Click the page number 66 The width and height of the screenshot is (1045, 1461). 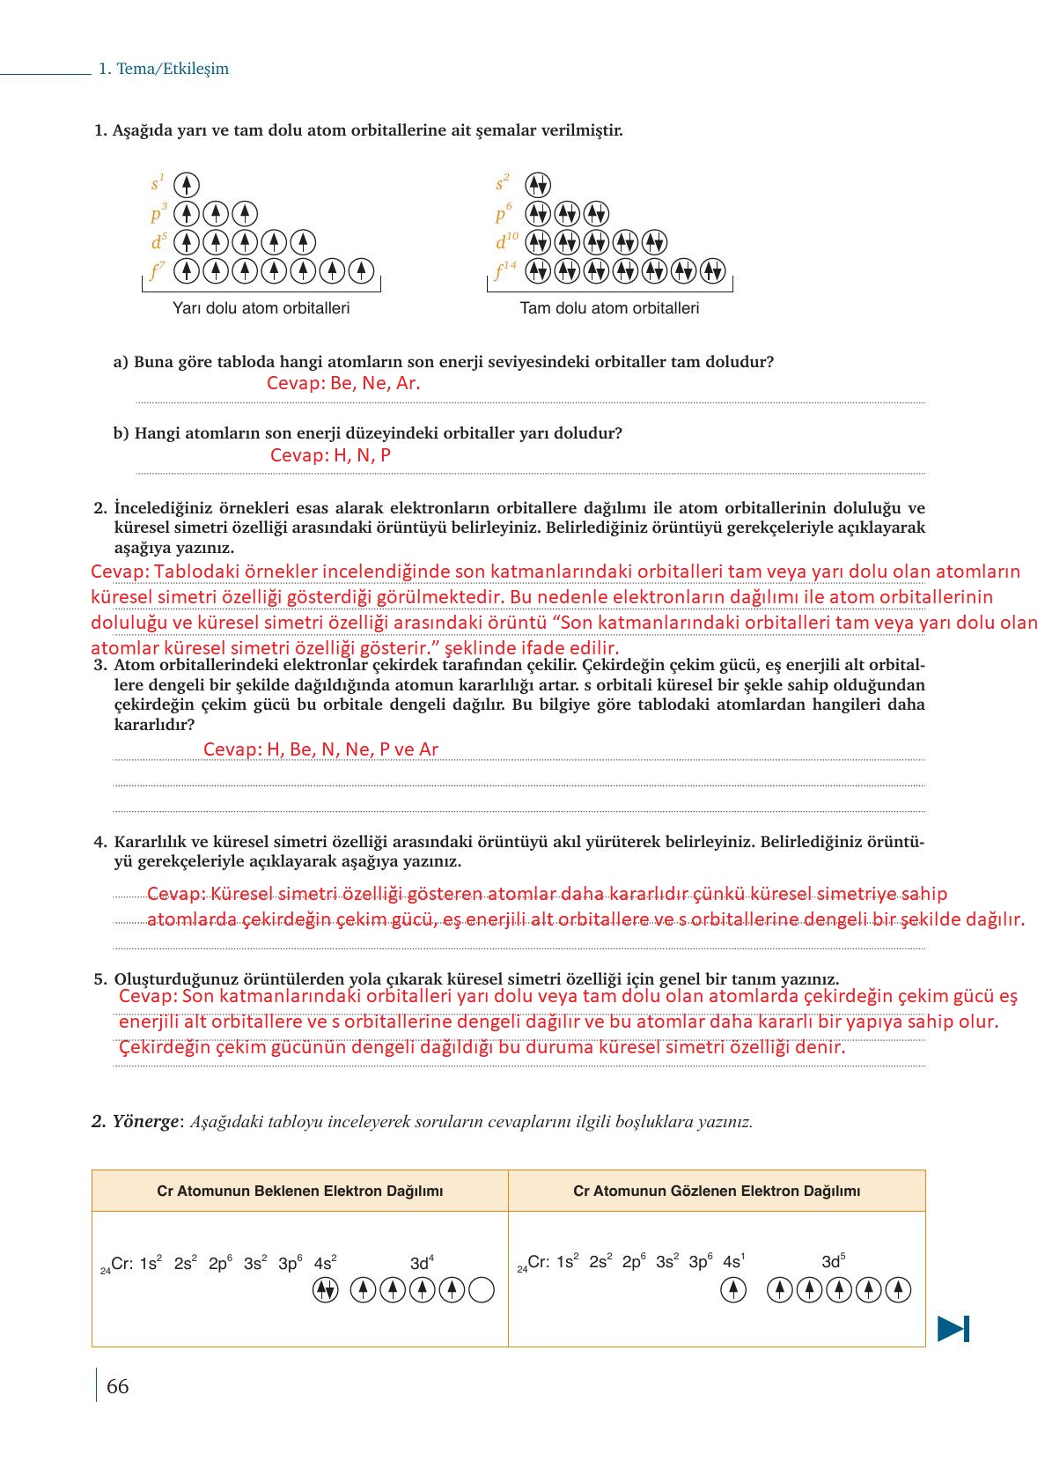tap(117, 1386)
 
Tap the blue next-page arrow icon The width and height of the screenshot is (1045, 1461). tap(953, 1328)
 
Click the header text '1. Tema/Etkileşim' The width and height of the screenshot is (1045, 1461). tap(163, 69)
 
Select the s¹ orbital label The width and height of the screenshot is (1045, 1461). tap(158, 183)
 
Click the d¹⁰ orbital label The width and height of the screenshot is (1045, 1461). tap(506, 241)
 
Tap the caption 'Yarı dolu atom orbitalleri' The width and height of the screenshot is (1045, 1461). tap(261, 308)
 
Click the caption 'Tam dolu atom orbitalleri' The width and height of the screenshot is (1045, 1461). tap(609, 308)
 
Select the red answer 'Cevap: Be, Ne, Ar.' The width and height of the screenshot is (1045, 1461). tap(343, 383)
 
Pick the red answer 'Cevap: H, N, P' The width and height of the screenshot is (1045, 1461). tap(330, 455)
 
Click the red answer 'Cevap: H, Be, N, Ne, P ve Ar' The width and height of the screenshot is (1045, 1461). tap(320, 749)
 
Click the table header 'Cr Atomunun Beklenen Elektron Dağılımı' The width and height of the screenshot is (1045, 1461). tap(299, 1192)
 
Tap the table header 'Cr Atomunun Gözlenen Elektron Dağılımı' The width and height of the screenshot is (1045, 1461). tap(717, 1192)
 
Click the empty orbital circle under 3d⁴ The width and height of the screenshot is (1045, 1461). tap(482, 1290)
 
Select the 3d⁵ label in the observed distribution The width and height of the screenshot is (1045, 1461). tap(833, 1262)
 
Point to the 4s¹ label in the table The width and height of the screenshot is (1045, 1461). tap(733, 1262)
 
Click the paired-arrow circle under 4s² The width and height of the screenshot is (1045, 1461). tap(325, 1290)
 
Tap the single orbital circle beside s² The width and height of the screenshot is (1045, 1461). tap(538, 185)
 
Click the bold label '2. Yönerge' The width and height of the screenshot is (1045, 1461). tap(135, 1122)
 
